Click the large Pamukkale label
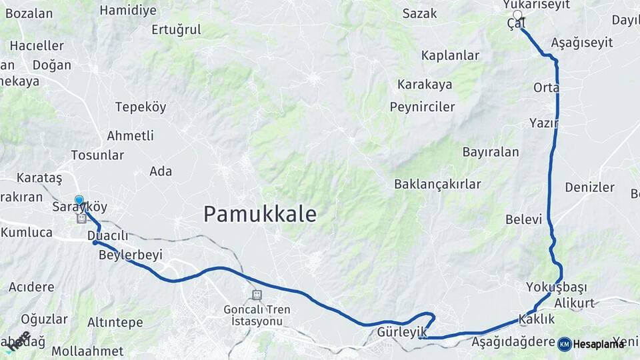point(259,214)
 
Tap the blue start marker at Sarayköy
point(79,200)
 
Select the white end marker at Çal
point(517,15)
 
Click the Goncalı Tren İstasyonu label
point(257,315)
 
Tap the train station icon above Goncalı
point(257,295)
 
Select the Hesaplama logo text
point(598,344)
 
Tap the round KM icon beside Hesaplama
point(564,344)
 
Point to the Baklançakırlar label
point(437,184)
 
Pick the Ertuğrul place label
point(176,29)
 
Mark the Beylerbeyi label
point(130,255)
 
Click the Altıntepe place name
point(115,323)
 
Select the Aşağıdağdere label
point(513,343)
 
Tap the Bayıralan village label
point(490,152)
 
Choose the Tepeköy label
point(141,107)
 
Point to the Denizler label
point(589,187)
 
